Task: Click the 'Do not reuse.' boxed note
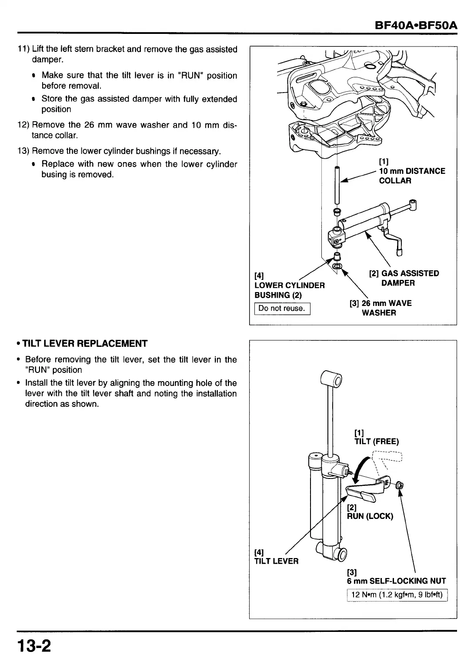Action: tap(282, 309)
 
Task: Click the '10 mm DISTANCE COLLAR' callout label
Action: tap(411, 176)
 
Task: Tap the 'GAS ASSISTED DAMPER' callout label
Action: tap(404, 278)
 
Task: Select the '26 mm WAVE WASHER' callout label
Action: tap(381, 308)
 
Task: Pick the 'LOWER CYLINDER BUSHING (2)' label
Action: tap(289, 290)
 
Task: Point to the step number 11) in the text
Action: tap(23, 50)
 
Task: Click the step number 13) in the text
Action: tap(23, 151)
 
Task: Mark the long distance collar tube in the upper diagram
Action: tap(337, 185)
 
